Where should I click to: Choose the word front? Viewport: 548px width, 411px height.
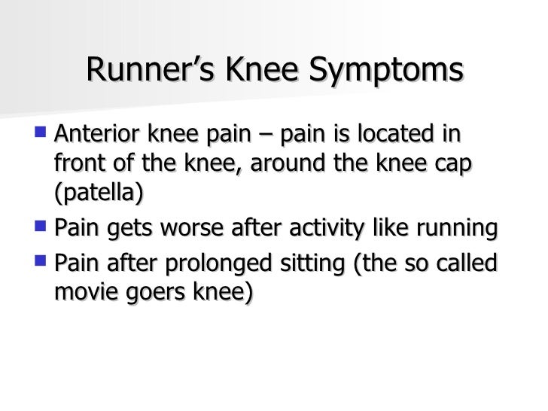click(78, 165)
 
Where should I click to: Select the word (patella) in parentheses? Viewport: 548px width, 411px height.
click(98, 193)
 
